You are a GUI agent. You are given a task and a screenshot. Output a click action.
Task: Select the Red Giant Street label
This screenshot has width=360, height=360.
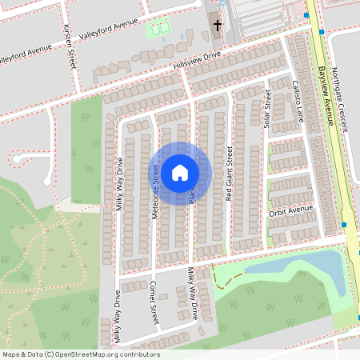pos(229,172)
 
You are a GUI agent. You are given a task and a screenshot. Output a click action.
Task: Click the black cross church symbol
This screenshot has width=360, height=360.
pos(217,25)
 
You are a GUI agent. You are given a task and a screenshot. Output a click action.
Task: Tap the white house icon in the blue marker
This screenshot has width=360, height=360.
pos(180,172)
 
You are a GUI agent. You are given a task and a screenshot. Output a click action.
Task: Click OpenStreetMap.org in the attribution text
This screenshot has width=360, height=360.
pos(86,354)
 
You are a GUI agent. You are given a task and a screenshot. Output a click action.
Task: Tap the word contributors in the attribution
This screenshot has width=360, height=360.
pos(138,354)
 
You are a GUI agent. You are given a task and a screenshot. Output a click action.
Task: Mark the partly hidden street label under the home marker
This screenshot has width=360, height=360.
pos(192,195)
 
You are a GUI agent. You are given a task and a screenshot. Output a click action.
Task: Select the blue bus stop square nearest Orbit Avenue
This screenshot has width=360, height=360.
pos(344,225)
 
